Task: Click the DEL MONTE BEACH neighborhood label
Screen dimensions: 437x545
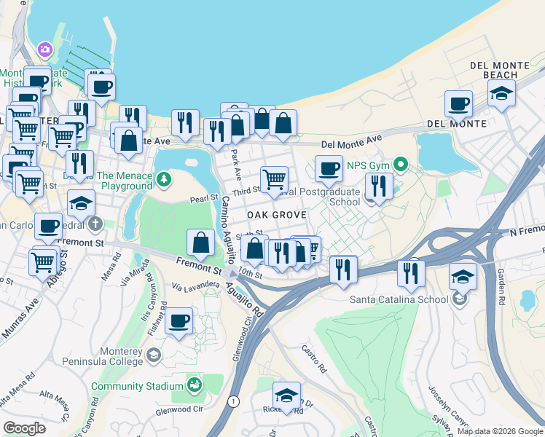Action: click(x=499, y=70)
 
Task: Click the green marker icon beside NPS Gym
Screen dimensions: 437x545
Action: click(x=399, y=164)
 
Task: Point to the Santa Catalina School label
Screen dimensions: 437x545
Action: click(x=401, y=299)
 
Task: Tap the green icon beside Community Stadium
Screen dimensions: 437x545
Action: click(x=194, y=384)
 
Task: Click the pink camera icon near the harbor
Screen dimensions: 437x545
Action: click(x=45, y=49)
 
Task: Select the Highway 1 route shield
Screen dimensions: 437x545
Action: click(x=233, y=401)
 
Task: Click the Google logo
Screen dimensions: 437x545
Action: click(x=24, y=428)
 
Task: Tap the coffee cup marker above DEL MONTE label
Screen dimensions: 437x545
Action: click(x=458, y=104)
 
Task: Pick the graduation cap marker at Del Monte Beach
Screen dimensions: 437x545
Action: click(x=501, y=93)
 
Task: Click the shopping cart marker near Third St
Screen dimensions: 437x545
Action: click(x=274, y=179)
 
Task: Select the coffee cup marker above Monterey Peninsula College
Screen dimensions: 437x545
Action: click(x=179, y=320)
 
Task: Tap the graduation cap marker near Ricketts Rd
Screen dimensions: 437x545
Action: click(x=286, y=395)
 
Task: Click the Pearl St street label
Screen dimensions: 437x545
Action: click(x=204, y=197)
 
